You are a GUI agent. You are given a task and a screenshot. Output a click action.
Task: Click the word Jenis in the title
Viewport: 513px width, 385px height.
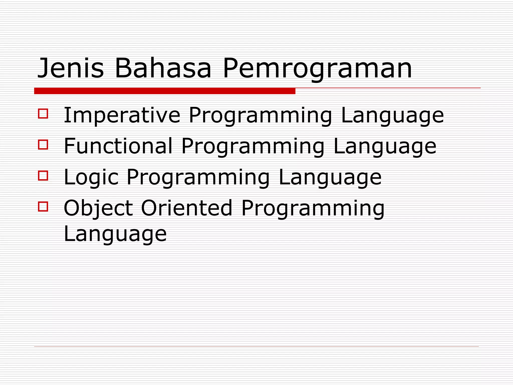70,68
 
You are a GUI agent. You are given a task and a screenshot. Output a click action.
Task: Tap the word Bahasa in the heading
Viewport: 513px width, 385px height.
163,68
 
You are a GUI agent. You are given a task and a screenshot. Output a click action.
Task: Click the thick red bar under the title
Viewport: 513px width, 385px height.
165,91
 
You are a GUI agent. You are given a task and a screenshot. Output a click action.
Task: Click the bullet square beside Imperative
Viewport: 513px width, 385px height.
43,113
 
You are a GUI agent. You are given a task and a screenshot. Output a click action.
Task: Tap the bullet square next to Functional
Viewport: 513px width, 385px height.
43,144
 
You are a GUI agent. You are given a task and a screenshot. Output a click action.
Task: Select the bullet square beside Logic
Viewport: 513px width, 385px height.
43,175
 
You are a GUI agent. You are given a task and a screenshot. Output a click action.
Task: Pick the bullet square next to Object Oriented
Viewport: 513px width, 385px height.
43,207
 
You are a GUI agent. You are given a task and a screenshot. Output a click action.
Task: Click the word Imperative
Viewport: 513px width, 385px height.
122,116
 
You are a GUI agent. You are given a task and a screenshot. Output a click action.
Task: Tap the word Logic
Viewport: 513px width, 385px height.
91,177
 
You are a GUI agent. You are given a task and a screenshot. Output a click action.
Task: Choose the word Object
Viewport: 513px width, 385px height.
98,209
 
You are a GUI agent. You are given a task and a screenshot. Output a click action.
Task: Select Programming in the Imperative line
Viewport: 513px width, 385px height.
261,116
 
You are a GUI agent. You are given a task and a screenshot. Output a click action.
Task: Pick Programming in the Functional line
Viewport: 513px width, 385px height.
253,147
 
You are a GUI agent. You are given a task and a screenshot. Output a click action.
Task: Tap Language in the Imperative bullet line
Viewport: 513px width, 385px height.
392,116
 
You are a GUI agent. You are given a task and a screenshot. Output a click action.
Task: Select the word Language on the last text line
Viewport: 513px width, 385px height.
115,234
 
